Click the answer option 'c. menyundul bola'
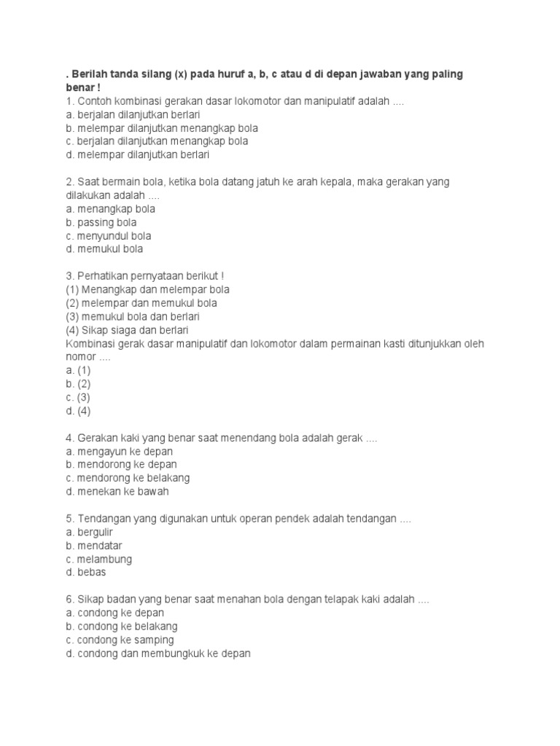[x=108, y=236]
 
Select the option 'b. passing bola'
[x=101, y=222]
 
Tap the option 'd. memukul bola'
[x=104, y=249]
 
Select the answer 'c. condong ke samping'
[x=120, y=640]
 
